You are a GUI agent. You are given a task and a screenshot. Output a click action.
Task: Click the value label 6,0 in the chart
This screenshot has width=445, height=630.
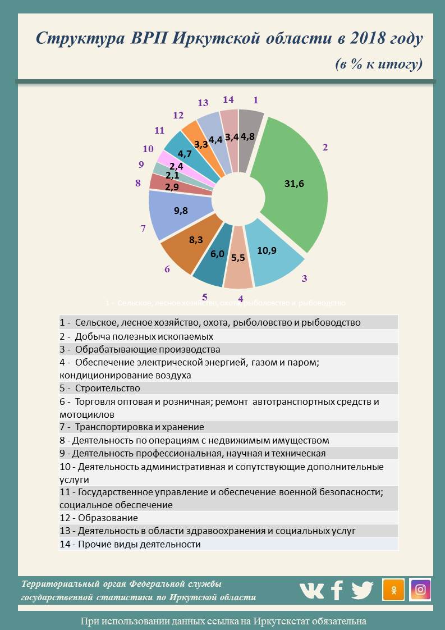(217, 254)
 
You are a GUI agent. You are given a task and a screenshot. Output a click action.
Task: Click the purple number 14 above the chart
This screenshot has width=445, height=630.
(228, 99)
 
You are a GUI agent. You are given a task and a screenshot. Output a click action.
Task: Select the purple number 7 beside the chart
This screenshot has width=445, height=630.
(143, 229)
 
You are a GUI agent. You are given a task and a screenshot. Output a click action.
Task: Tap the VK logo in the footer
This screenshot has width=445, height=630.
(311, 590)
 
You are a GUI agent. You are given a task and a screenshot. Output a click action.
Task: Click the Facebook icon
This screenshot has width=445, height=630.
(337, 590)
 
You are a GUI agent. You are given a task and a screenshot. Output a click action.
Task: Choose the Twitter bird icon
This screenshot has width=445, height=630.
(363, 590)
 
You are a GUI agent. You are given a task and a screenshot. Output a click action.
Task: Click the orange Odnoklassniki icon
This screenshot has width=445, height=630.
(393, 590)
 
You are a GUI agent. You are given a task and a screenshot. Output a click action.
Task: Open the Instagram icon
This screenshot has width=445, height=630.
(420, 590)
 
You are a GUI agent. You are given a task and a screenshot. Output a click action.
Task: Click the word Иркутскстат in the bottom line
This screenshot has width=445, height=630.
(280, 621)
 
